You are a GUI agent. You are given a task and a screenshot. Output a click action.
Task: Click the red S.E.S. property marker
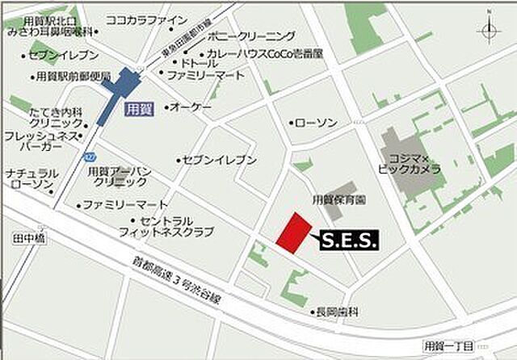pos(292,232)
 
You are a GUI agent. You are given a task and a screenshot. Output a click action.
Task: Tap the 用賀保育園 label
pos(338,199)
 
